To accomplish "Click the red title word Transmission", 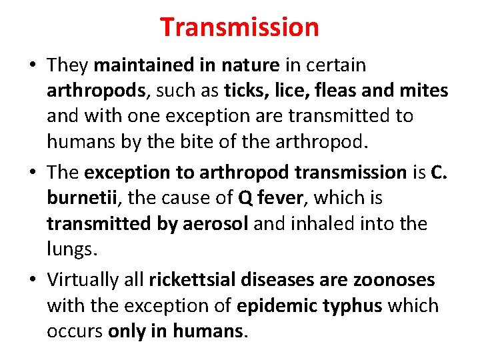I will point(239,27).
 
